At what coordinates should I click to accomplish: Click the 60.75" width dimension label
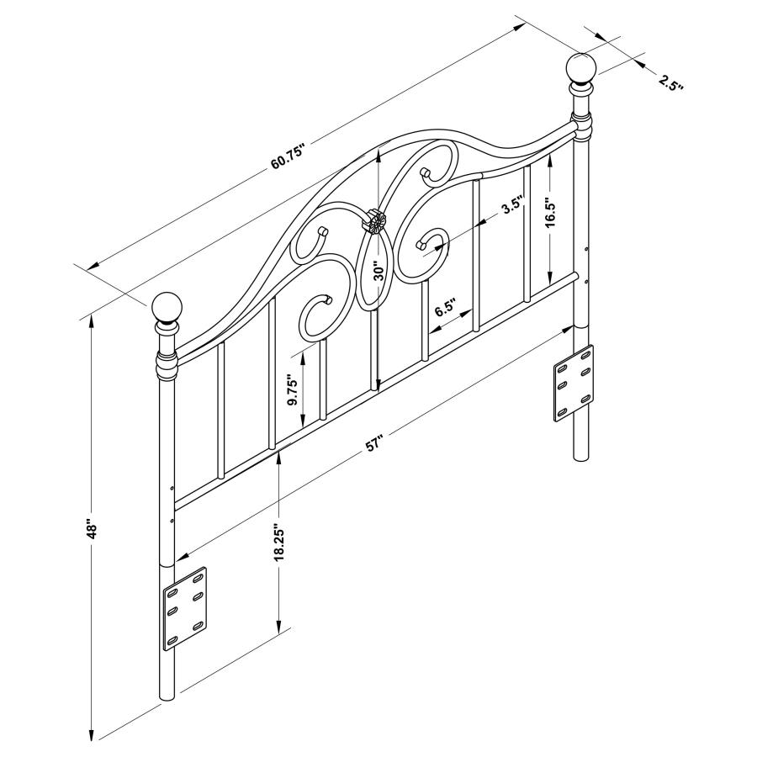point(287,156)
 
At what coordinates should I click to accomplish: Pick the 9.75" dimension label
point(293,389)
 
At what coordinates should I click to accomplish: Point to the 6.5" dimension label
point(445,308)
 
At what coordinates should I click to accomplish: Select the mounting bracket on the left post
point(184,607)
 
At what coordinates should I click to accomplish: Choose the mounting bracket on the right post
point(572,383)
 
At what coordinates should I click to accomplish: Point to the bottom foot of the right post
point(580,454)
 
